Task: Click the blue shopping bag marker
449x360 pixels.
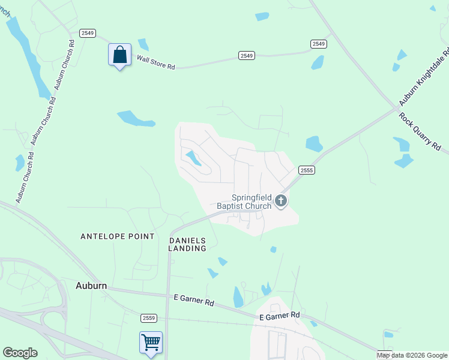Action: point(120,55)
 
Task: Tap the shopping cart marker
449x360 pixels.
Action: point(151,343)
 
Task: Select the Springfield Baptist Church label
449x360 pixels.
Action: point(252,202)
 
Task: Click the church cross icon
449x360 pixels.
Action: point(280,202)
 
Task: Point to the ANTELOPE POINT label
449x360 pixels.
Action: point(118,237)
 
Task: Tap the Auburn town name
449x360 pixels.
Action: point(91,286)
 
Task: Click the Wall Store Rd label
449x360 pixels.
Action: point(155,62)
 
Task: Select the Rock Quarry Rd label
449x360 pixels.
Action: point(420,131)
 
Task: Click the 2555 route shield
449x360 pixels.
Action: point(306,170)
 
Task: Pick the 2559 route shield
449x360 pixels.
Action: point(149,317)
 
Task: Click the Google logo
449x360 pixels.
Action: point(20,353)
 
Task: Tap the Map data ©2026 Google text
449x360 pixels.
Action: point(413,355)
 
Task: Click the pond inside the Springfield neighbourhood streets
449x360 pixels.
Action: point(193,158)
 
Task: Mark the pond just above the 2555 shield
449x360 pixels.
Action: point(314,144)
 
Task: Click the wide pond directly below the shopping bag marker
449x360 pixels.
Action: point(135,118)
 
